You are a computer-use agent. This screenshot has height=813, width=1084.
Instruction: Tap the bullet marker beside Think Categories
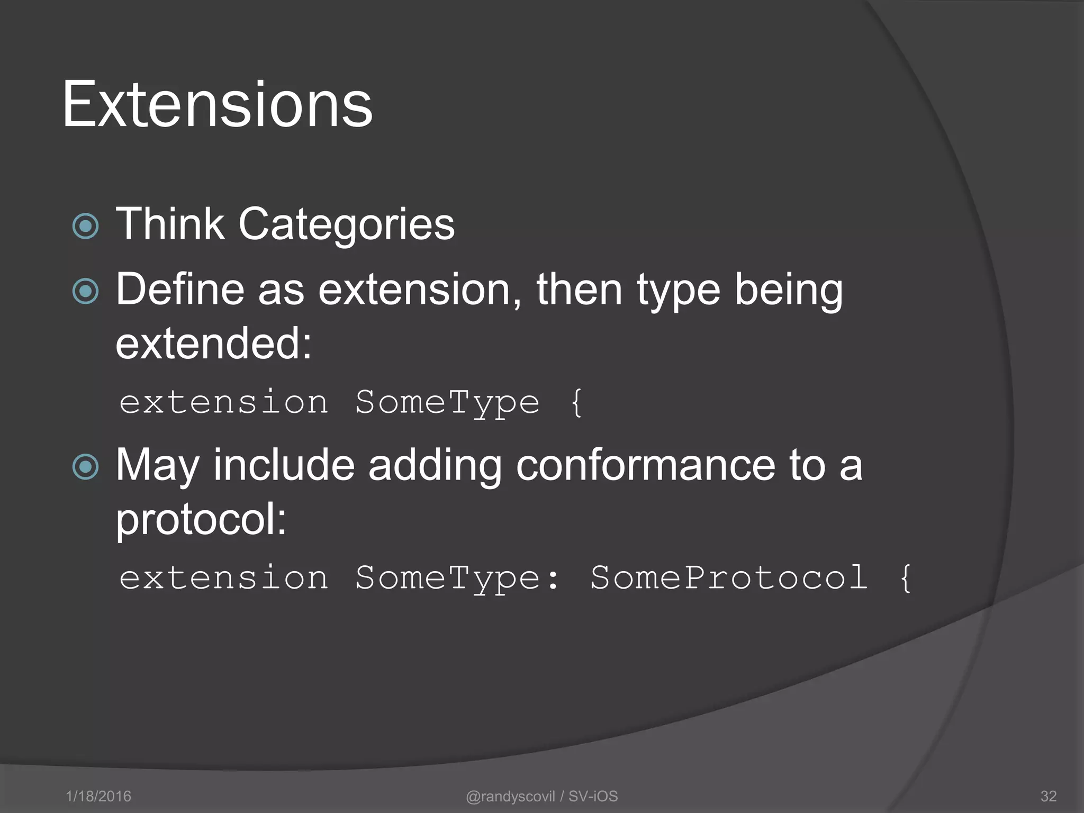point(85,227)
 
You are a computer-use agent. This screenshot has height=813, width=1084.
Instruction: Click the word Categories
point(346,224)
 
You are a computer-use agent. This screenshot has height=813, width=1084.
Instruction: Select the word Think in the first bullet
point(170,223)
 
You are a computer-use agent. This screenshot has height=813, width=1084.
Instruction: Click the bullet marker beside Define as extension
point(85,291)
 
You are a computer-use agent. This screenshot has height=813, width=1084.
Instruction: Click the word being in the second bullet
point(788,290)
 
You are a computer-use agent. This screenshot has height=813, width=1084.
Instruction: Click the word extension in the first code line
point(224,402)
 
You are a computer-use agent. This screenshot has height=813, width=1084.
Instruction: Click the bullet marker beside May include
point(85,467)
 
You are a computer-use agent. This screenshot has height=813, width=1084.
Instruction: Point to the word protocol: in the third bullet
point(201,520)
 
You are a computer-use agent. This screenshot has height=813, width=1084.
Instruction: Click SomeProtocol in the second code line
point(729,577)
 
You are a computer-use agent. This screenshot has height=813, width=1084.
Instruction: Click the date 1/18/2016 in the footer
point(98,796)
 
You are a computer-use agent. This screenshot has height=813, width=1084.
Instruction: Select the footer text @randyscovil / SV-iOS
point(541,796)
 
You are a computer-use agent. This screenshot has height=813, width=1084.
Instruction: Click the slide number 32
point(1048,796)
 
